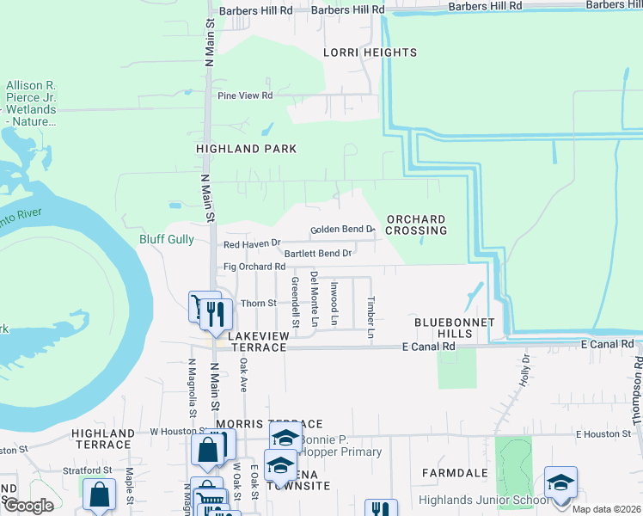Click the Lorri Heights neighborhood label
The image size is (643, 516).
click(370, 52)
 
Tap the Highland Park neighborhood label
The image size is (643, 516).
click(246, 149)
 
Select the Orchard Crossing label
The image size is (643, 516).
click(416, 225)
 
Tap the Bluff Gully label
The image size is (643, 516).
click(167, 239)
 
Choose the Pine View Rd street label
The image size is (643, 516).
click(245, 95)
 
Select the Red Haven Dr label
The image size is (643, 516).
click(252, 244)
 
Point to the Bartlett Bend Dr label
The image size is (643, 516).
click(317, 254)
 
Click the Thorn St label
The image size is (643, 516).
click(258, 303)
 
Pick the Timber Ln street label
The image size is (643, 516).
click(370, 317)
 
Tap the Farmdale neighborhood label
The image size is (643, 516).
click(449, 473)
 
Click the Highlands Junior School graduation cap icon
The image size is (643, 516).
click(560, 482)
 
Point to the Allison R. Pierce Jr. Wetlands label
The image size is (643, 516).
click(31, 104)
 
